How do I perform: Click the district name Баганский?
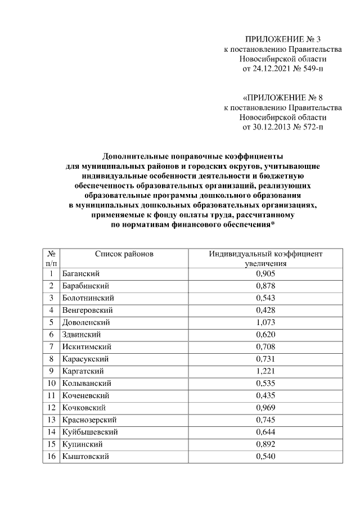(x=82, y=273)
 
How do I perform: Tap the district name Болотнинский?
(x=89, y=298)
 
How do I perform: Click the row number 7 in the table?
(x=51, y=346)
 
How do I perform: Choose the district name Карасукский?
(x=86, y=359)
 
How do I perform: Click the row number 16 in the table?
(x=51, y=457)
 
